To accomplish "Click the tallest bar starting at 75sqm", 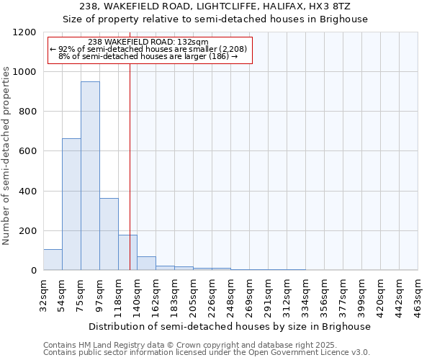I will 90,176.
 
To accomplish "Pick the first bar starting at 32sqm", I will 53,260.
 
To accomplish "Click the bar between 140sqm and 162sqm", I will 146,264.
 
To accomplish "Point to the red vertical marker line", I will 130,166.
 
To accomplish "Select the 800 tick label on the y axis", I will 27,112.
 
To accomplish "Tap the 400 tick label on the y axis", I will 27,192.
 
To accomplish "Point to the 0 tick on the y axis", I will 33,271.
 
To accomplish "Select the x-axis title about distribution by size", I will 230,326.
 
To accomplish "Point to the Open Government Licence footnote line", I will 207,353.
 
